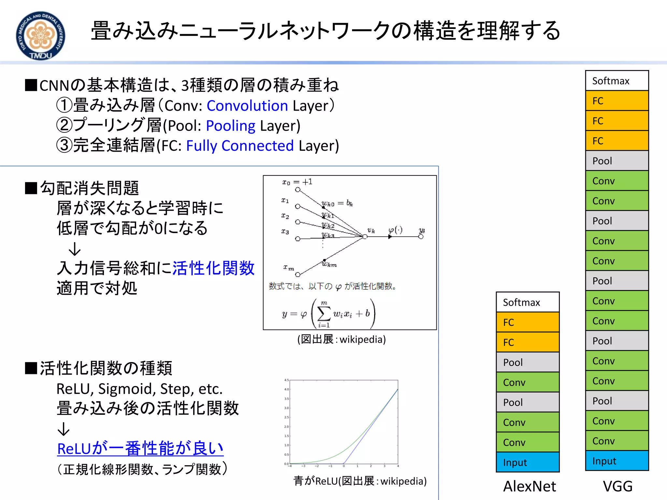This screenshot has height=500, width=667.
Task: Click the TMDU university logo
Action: [x=40, y=36]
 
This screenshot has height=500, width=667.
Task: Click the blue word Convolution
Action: [x=247, y=106]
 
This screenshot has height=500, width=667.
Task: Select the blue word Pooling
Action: [x=231, y=126]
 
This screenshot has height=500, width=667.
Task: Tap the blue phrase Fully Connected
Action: [x=240, y=146]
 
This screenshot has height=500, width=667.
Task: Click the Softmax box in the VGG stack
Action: [x=617, y=81]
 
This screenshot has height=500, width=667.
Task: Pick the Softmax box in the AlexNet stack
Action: [x=527, y=302]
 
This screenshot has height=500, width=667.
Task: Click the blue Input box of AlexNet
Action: [x=527, y=462]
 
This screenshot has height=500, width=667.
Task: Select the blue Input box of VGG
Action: [x=617, y=461]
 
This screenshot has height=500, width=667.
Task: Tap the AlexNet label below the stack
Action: [x=530, y=486]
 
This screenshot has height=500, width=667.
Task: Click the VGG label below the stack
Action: [x=617, y=486]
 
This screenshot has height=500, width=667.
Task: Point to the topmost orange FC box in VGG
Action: [x=617, y=101]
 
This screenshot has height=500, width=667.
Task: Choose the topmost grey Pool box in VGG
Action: [x=617, y=161]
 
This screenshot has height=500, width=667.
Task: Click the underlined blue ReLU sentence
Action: [x=140, y=449]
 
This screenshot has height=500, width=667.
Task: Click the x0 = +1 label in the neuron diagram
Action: [x=297, y=182]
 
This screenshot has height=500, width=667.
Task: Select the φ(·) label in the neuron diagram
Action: [x=395, y=230]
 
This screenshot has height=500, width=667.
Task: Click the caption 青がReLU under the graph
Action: [x=360, y=481]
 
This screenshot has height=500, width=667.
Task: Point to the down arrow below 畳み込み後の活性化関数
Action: [x=64, y=429]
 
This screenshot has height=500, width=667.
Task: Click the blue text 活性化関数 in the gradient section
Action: [x=213, y=268]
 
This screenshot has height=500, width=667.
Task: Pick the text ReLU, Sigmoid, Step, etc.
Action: [x=139, y=389]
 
